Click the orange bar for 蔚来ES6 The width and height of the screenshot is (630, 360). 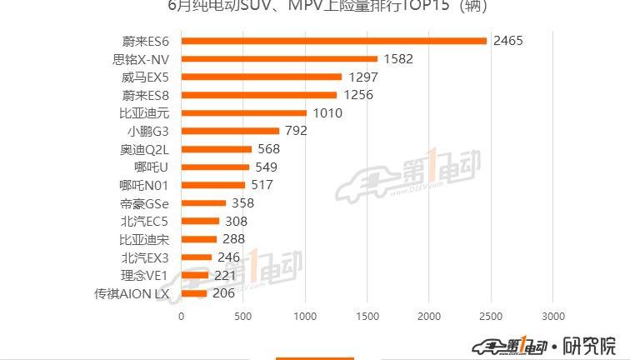(x=333, y=41)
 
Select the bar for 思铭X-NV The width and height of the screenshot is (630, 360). (x=279, y=59)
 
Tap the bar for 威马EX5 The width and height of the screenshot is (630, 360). (x=261, y=77)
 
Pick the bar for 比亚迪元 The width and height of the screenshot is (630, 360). (x=243, y=112)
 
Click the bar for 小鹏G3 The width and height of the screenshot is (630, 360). (x=230, y=131)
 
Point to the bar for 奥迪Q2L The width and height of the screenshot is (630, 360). (x=216, y=149)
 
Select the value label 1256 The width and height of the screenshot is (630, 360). (x=357, y=95)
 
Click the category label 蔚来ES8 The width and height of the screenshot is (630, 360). (x=145, y=95)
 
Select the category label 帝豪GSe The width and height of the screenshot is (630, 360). (x=145, y=203)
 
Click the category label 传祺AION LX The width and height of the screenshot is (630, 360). (x=132, y=293)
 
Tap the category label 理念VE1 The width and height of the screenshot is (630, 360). (x=145, y=275)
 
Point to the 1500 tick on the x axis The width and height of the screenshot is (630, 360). (x=367, y=317)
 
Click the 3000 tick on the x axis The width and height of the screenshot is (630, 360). (x=552, y=317)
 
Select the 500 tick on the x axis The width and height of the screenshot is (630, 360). (x=242, y=317)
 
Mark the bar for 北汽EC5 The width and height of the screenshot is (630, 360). (x=200, y=221)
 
